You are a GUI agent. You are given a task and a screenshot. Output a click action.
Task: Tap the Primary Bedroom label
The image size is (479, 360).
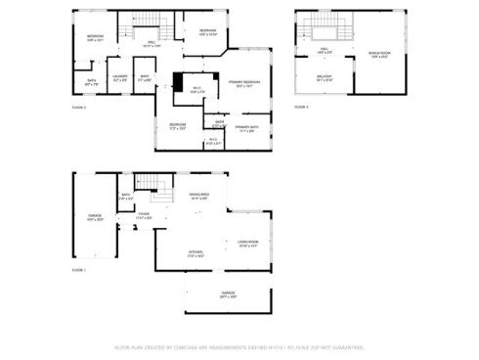click(x=243, y=84)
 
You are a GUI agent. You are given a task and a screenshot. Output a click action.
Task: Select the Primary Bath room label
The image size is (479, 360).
click(x=245, y=129)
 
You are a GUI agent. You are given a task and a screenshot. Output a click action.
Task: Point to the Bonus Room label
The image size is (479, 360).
click(x=380, y=55)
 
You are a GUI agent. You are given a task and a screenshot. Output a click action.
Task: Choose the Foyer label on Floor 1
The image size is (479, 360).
click(x=143, y=216)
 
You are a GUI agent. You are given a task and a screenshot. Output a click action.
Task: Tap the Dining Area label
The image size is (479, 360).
click(x=198, y=198)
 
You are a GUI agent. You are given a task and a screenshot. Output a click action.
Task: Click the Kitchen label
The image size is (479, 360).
click(x=196, y=253)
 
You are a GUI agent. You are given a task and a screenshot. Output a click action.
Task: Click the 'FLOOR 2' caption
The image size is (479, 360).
click(x=79, y=108)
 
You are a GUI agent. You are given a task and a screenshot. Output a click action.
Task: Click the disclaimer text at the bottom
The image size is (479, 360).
click(x=239, y=346)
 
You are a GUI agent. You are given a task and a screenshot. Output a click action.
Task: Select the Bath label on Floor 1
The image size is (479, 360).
click(x=126, y=197)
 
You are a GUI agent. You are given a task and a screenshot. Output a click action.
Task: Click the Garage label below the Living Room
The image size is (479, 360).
click(x=227, y=294)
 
